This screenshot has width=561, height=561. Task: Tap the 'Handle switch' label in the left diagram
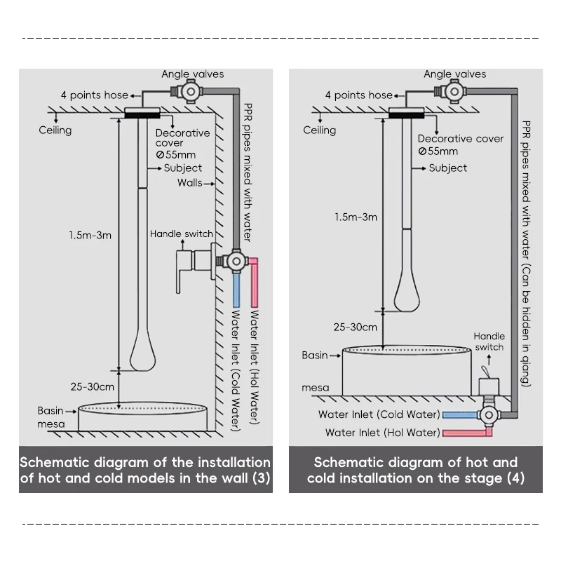click(182, 234)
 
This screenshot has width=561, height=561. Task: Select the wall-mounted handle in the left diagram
click(184, 271)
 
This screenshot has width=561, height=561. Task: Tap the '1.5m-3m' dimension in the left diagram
click(90, 236)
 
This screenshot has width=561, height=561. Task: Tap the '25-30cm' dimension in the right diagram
click(356, 327)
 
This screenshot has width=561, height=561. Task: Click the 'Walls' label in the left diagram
click(189, 183)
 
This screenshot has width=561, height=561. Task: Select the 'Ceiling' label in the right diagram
click(319, 130)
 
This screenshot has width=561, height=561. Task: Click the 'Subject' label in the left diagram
click(182, 168)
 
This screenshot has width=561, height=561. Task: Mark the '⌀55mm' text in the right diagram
click(438, 151)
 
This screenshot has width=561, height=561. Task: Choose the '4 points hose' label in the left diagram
click(95, 95)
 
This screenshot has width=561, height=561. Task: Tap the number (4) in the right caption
click(514, 478)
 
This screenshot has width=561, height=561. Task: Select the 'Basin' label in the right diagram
click(315, 356)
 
